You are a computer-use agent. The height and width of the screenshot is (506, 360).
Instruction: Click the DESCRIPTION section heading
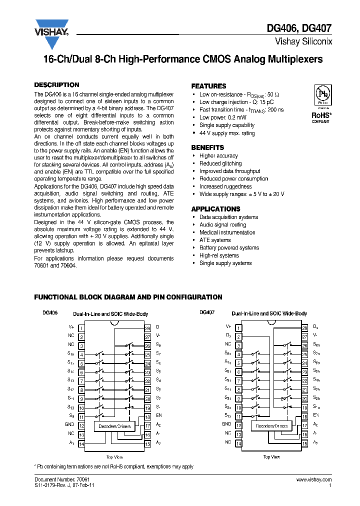(56, 85)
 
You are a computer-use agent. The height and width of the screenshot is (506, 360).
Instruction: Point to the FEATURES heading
(208, 86)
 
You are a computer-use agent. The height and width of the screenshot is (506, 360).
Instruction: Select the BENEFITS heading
(207, 147)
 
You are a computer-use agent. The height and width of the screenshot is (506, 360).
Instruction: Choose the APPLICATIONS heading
(215, 209)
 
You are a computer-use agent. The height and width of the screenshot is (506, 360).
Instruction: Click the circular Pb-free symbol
(321, 93)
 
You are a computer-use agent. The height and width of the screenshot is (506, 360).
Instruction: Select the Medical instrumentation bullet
(227, 232)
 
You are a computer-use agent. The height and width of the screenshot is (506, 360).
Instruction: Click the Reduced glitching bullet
(220, 163)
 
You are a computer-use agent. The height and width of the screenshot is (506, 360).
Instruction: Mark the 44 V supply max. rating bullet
(226, 133)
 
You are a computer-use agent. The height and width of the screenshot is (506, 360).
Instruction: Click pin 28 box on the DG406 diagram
(147, 328)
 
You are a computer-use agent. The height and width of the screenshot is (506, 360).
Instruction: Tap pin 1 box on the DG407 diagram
(238, 328)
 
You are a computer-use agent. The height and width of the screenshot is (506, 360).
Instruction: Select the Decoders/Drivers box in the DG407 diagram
(271, 426)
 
